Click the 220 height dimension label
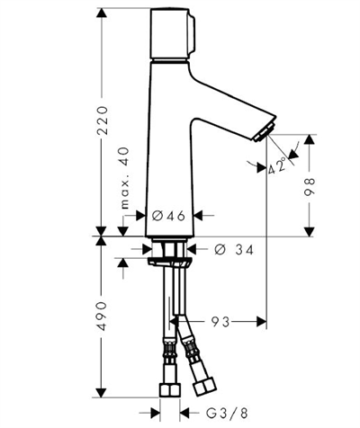tap(103, 120)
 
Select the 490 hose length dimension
tap(103, 316)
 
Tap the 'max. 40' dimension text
tap(124, 178)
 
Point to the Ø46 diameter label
tap(168, 216)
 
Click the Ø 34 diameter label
tap(234, 249)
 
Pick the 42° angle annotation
tap(277, 165)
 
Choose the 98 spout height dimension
tap(310, 187)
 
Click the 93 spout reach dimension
tap(220, 322)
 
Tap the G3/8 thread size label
tap(227, 414)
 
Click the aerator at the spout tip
tap(265, 132)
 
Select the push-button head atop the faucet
tap(173, 34)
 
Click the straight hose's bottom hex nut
tap(170, 390)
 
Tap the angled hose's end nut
tap(205, 387)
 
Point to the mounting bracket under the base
tap(168, 262)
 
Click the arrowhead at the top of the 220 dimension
tap(103, 13)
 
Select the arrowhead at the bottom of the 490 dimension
tap(102, 393)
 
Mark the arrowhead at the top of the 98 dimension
tap(310, 139)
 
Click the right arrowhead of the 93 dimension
tap(261, 322)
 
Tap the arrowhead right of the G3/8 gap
tap(185, 414)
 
